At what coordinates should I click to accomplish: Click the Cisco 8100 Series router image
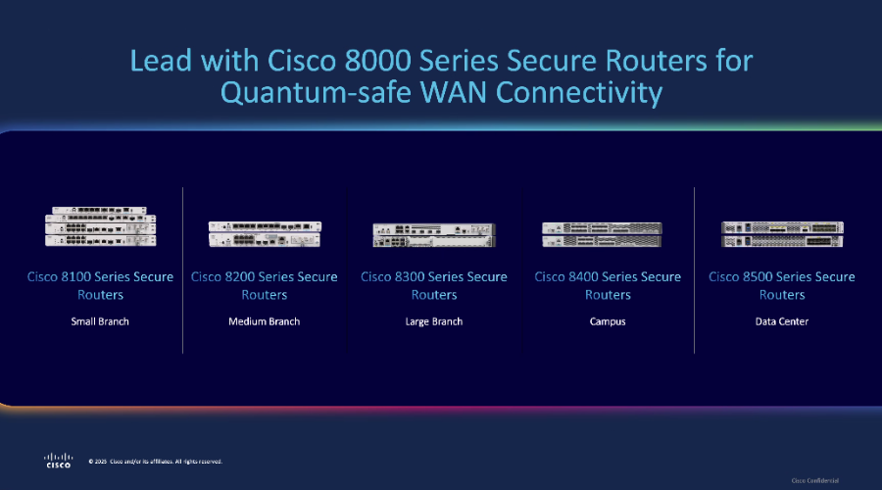click(100, 226)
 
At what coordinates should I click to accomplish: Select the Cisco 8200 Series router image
click(264, 233)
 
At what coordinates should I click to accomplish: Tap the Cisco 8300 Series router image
click(433, 234)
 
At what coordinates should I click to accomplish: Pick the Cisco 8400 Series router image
click(607, 233)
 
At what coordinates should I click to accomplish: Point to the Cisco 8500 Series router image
click(781, 233)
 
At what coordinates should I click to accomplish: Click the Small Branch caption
click(100, 321)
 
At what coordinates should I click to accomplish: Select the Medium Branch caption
click(264, 321)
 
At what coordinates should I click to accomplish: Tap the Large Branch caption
click(433, 321)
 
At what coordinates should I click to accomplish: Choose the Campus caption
click(607, 321)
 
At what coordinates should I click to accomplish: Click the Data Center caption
click(781, 321)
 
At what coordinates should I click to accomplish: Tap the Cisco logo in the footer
click(58, 460)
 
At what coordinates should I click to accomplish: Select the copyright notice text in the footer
click(156, 461)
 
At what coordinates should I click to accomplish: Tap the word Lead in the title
click(161, 60)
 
